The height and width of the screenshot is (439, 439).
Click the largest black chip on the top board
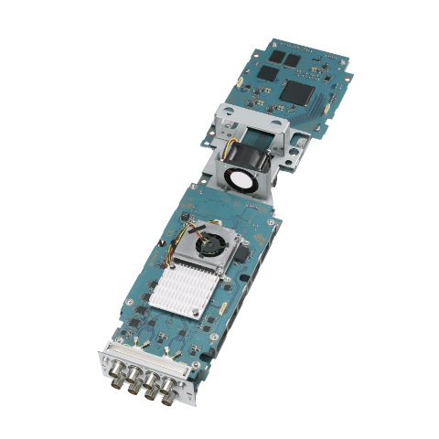297,90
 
